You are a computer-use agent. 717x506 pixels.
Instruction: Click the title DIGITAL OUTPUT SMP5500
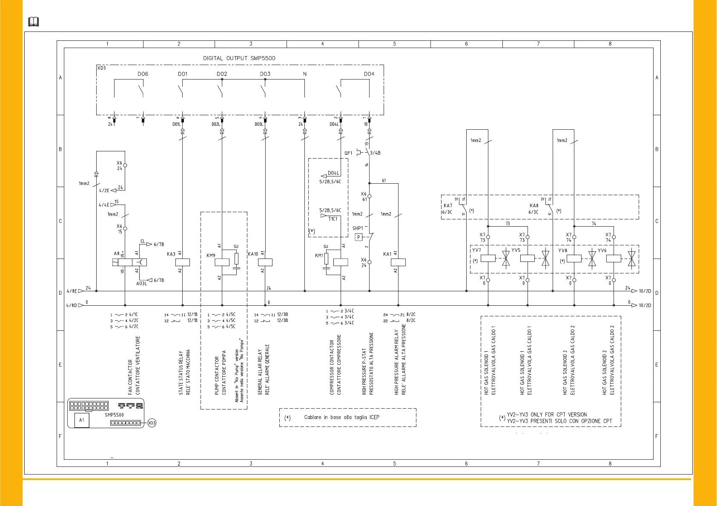239,58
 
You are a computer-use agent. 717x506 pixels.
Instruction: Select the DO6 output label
143,74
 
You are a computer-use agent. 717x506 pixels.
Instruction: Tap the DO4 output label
369,74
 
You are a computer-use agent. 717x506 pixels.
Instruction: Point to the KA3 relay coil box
182,262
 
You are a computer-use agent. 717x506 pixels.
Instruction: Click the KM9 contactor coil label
211,256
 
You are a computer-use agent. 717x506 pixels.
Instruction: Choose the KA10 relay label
253,254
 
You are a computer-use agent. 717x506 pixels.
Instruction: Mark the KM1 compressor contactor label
319,256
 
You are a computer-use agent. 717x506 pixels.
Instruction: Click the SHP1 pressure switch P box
358,237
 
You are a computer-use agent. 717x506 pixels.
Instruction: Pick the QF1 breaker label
348,153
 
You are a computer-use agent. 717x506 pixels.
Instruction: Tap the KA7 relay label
447,205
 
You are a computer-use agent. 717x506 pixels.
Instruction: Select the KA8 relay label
533,205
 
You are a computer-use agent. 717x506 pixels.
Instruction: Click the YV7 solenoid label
476,250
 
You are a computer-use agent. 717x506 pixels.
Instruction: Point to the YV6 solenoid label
602,250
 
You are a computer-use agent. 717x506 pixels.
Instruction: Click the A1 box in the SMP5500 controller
82,420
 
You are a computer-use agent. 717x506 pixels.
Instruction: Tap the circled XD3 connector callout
152,423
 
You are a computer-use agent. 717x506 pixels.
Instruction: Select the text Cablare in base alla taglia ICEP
341,417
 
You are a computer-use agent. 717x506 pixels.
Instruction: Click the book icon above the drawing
34,22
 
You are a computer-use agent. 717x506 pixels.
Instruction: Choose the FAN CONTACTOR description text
130,377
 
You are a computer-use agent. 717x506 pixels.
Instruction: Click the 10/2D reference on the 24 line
645,291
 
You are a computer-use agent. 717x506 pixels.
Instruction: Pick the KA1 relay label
387,254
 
